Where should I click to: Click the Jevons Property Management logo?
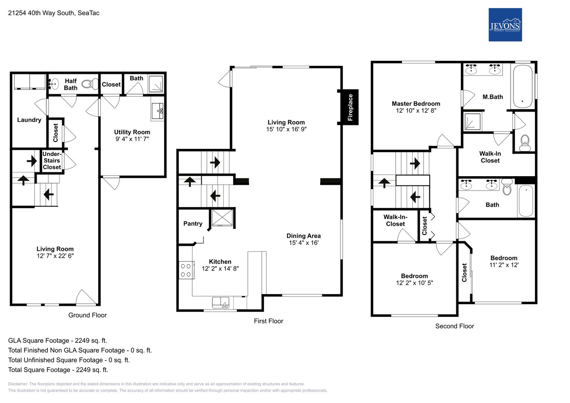[x=505, y=25]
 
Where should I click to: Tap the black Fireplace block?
[x=350, y=107]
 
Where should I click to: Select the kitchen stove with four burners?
[x=186, y=270]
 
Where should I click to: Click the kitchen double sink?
[x=221, y=303]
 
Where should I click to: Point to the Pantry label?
[x=193, y=224]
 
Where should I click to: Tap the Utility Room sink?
[x=158, y=112]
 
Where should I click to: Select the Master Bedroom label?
[x=416, y=104]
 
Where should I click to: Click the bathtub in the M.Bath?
[x=523, y=87]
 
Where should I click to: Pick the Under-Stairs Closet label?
[x=52, y=160]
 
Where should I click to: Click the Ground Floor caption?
[x=88, y=315]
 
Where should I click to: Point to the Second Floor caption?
[x=455, y=326]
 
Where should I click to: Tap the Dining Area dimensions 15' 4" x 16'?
[x=303, y=243]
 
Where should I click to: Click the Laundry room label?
[x=29, y=120]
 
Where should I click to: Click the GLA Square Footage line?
[x=57, y=340]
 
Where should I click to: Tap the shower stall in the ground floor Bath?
[x=156, y=84]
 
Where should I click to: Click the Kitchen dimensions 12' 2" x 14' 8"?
[x=220, y=268]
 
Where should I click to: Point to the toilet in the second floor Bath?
[x=507, y=187]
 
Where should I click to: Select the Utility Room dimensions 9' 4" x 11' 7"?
[x=132, y=139]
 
